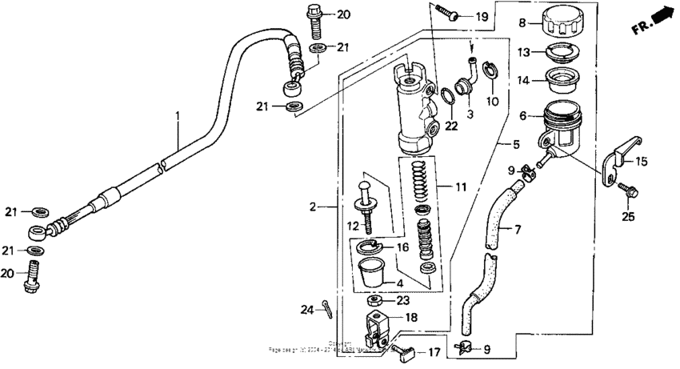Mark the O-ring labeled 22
[449, 97]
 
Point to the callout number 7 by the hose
[517, 230]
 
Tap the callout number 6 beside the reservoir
[524, 116]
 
